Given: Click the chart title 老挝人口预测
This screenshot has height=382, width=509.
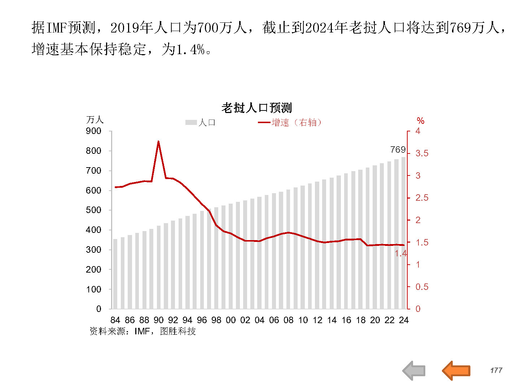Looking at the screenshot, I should (256, 108).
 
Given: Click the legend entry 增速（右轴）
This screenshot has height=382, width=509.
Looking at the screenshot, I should (290, 123).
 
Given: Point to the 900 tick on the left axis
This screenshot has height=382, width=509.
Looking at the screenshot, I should (93, 131).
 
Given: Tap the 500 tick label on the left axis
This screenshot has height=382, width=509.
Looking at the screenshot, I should (93, 210).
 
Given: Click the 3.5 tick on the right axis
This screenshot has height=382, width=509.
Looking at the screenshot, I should (422, 153).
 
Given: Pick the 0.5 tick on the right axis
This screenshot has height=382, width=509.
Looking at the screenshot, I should (422, 287).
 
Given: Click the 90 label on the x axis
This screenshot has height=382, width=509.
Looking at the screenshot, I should (158, 320).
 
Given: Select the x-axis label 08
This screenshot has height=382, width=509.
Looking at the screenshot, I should (288, 320).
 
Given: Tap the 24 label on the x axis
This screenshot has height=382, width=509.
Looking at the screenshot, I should (404, 320).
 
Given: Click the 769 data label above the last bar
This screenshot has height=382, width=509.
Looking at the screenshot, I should (398, 149).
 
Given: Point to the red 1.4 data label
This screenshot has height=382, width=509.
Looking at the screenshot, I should (400, 253).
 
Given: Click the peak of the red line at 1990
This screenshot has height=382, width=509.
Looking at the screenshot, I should (158, 142).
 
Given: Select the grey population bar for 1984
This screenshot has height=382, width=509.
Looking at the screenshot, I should (115, 274).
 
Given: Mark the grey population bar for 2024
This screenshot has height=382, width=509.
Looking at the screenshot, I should (404, 233).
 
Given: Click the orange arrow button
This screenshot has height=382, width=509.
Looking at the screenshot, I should (456, 370).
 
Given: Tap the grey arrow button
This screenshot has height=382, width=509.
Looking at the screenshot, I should (414, 370).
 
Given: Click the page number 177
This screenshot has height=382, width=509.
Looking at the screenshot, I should (496, 370).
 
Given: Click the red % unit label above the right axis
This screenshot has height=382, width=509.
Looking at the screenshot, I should (420, 121).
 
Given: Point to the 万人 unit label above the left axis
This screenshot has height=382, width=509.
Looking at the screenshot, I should (95, 120).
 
